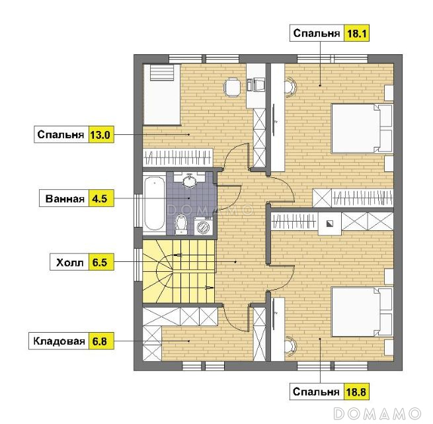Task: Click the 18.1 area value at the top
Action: coord(356,33)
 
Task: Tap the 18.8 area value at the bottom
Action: coord(356,392)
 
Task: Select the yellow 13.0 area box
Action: coord(101,134)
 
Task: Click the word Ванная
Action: coord(65,198)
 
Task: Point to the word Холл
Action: coord(70,262)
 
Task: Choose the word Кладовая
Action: coord(59,341)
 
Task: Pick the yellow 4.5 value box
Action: coord(101,198)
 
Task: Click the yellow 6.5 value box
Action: coord(101,262)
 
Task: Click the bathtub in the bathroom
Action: coord(154,204)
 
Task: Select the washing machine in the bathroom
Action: coord(203,226)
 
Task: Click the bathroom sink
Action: coord(190,180)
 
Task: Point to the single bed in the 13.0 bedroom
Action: coord(161,95)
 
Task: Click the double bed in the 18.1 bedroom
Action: coord(362,128)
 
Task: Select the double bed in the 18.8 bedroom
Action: coord(362,312)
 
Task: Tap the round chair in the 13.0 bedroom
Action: coord(231,87)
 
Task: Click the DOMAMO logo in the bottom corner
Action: coord(377,414)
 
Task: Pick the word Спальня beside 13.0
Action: coord(61,134)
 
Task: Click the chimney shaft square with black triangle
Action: coord(329,224)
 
